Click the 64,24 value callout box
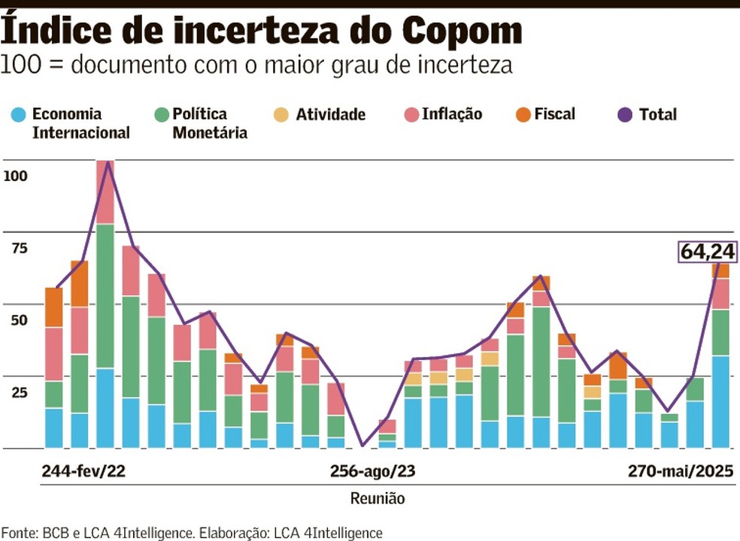click(x=708, y=252)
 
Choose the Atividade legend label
click(x=330, y=115)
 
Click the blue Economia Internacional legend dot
click(x=20, y=115)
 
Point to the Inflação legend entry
click(x=451, y=114)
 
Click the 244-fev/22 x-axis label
click(x=83, y=472)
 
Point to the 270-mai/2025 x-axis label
click(x=681, y=472)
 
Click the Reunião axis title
click(x=378, y=498)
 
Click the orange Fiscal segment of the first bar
click(x=54, y=307)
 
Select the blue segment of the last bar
click(x=720, y=402)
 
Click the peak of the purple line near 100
click(x=106, y=163)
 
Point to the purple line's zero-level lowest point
click(x=362, y=446)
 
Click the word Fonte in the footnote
click(x=19, y=533)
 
